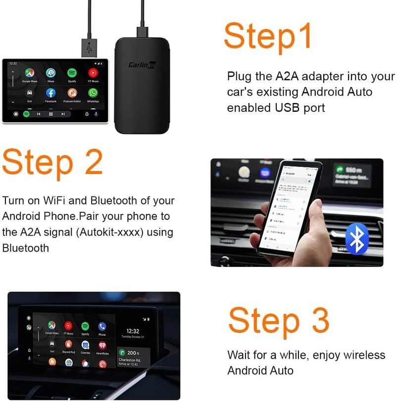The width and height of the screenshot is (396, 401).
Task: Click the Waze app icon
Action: point(51,73)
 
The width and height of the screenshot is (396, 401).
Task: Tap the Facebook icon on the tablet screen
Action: point(51,93)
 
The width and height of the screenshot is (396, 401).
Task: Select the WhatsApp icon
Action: point(93,93)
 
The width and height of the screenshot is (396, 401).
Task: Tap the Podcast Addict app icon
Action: point(72,93)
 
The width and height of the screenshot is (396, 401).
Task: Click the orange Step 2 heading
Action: point(52,162)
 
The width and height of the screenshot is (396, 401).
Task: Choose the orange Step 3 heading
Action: point(278,320)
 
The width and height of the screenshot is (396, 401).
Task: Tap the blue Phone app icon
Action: point(102,326)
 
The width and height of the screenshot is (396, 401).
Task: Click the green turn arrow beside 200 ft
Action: point(122,352)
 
